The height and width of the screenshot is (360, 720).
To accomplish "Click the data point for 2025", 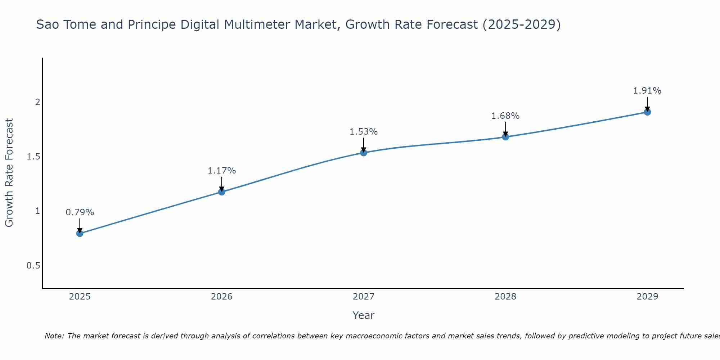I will [80, 233].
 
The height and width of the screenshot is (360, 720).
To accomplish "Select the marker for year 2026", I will [222, 192].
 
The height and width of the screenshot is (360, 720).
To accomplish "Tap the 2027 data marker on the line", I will [364, 153].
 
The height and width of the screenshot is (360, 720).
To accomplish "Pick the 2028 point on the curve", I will [505, 137].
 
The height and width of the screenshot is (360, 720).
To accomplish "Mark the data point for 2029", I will [647, 112].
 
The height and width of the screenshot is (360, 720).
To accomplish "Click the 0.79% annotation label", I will [80, 212].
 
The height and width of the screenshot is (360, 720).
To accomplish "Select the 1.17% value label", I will [222, 171].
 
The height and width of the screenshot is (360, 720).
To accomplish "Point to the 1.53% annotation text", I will [364, 132].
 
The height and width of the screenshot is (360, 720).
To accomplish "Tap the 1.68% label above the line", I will [505, 116].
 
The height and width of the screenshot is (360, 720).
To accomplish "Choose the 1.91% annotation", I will [647, 91].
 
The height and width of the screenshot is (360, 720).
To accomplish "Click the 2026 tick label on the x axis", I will [222, 297].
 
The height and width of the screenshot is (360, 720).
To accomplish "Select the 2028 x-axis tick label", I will [505, 297].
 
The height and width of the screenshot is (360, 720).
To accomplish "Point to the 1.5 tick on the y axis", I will [33, 157].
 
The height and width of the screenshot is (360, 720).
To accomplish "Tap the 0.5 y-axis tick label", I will [33, 265].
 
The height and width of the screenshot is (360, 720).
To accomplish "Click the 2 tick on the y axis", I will [37, 102].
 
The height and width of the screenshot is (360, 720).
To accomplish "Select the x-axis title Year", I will [364, 315].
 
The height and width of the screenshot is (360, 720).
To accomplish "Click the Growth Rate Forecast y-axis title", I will [9, 173].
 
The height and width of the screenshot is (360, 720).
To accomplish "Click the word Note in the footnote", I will [54, 336].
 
